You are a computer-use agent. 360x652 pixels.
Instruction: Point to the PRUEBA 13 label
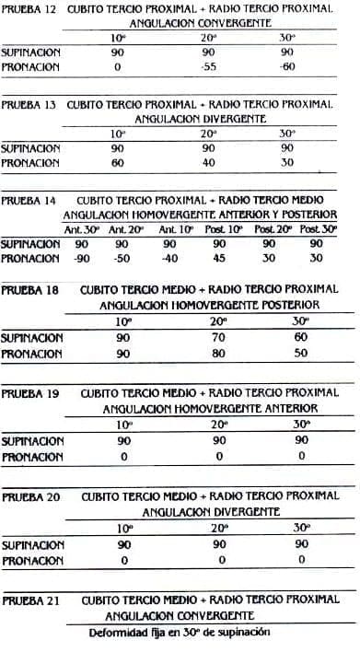31,104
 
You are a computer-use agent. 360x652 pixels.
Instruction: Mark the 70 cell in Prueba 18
217,337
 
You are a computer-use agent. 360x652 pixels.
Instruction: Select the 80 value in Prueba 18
217,352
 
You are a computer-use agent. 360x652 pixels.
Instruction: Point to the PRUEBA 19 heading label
31,392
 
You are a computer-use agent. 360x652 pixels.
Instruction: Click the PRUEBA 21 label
31,600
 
